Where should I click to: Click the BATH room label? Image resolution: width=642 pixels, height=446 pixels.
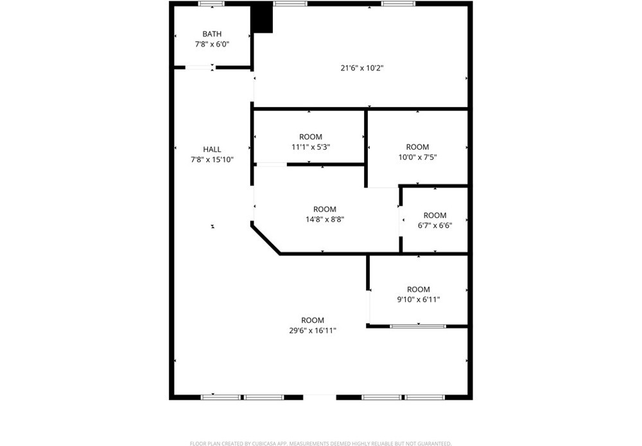(x=212, y=34)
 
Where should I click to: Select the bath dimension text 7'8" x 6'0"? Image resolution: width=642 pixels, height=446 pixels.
(x=212, y=44)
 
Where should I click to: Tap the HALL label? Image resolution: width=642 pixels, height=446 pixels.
(x=212, y=150)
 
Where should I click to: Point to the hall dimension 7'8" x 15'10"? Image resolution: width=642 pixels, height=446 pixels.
(x=212, y=160)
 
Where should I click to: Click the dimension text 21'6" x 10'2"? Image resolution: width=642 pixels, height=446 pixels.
(x=362, y=68)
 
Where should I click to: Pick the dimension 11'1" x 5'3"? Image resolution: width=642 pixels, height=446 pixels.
(x=311, y=147)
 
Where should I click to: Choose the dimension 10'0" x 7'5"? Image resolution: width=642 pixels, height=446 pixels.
(x=418, y=157)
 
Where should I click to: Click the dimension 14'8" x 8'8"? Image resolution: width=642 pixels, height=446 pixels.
(x=325, y=219)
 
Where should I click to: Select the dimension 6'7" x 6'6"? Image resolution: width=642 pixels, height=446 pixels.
(x=435, y=225)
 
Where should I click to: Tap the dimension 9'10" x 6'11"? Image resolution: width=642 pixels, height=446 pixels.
(x=419, y=300)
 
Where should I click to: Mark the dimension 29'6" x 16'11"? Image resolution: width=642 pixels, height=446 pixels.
(x=313, y=330)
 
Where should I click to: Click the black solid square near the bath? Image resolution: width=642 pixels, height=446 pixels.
(x=262, y=17)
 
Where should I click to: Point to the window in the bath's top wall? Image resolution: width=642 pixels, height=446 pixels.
(x=212, y=4)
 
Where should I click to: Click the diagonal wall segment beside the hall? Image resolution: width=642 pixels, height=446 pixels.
(x=266, y=239)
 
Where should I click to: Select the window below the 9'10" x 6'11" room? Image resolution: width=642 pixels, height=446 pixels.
(x=418, y=327)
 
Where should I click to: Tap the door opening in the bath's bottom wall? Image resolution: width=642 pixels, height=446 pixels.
(x=200, y=67)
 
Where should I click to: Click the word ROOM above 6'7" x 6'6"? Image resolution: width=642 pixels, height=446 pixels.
(x=435, y=215)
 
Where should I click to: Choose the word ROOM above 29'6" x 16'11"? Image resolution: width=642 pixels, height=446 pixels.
(x=313, y=320)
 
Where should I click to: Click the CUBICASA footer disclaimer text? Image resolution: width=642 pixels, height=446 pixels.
(x=320, y=443)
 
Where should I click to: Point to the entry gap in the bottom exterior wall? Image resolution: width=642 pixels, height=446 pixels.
(x=319, y=397)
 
